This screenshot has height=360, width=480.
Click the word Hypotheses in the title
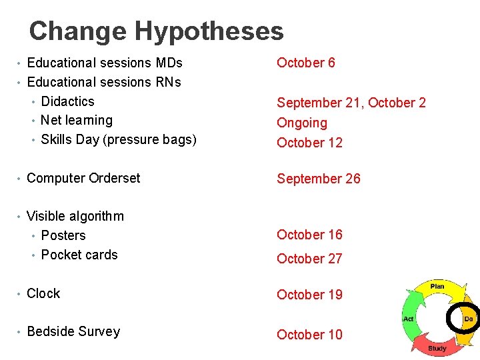209,31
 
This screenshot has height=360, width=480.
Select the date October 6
306,63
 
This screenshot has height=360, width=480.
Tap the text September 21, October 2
351,103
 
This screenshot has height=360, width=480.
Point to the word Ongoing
302,123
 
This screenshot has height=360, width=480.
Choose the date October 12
309,143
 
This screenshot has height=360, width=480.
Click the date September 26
319,179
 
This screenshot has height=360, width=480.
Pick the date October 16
309,235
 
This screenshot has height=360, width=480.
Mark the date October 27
309,259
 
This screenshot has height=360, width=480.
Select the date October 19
309,295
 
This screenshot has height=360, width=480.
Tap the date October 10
309,335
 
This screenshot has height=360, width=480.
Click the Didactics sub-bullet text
67,101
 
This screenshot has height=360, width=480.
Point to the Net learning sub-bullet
77,120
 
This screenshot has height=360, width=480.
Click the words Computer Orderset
83,178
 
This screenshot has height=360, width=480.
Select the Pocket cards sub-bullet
79,255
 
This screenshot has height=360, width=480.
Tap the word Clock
43,293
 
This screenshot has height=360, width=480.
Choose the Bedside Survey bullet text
73,331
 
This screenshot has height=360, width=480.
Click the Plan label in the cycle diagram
437,286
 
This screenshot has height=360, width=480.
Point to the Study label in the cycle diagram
437,348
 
